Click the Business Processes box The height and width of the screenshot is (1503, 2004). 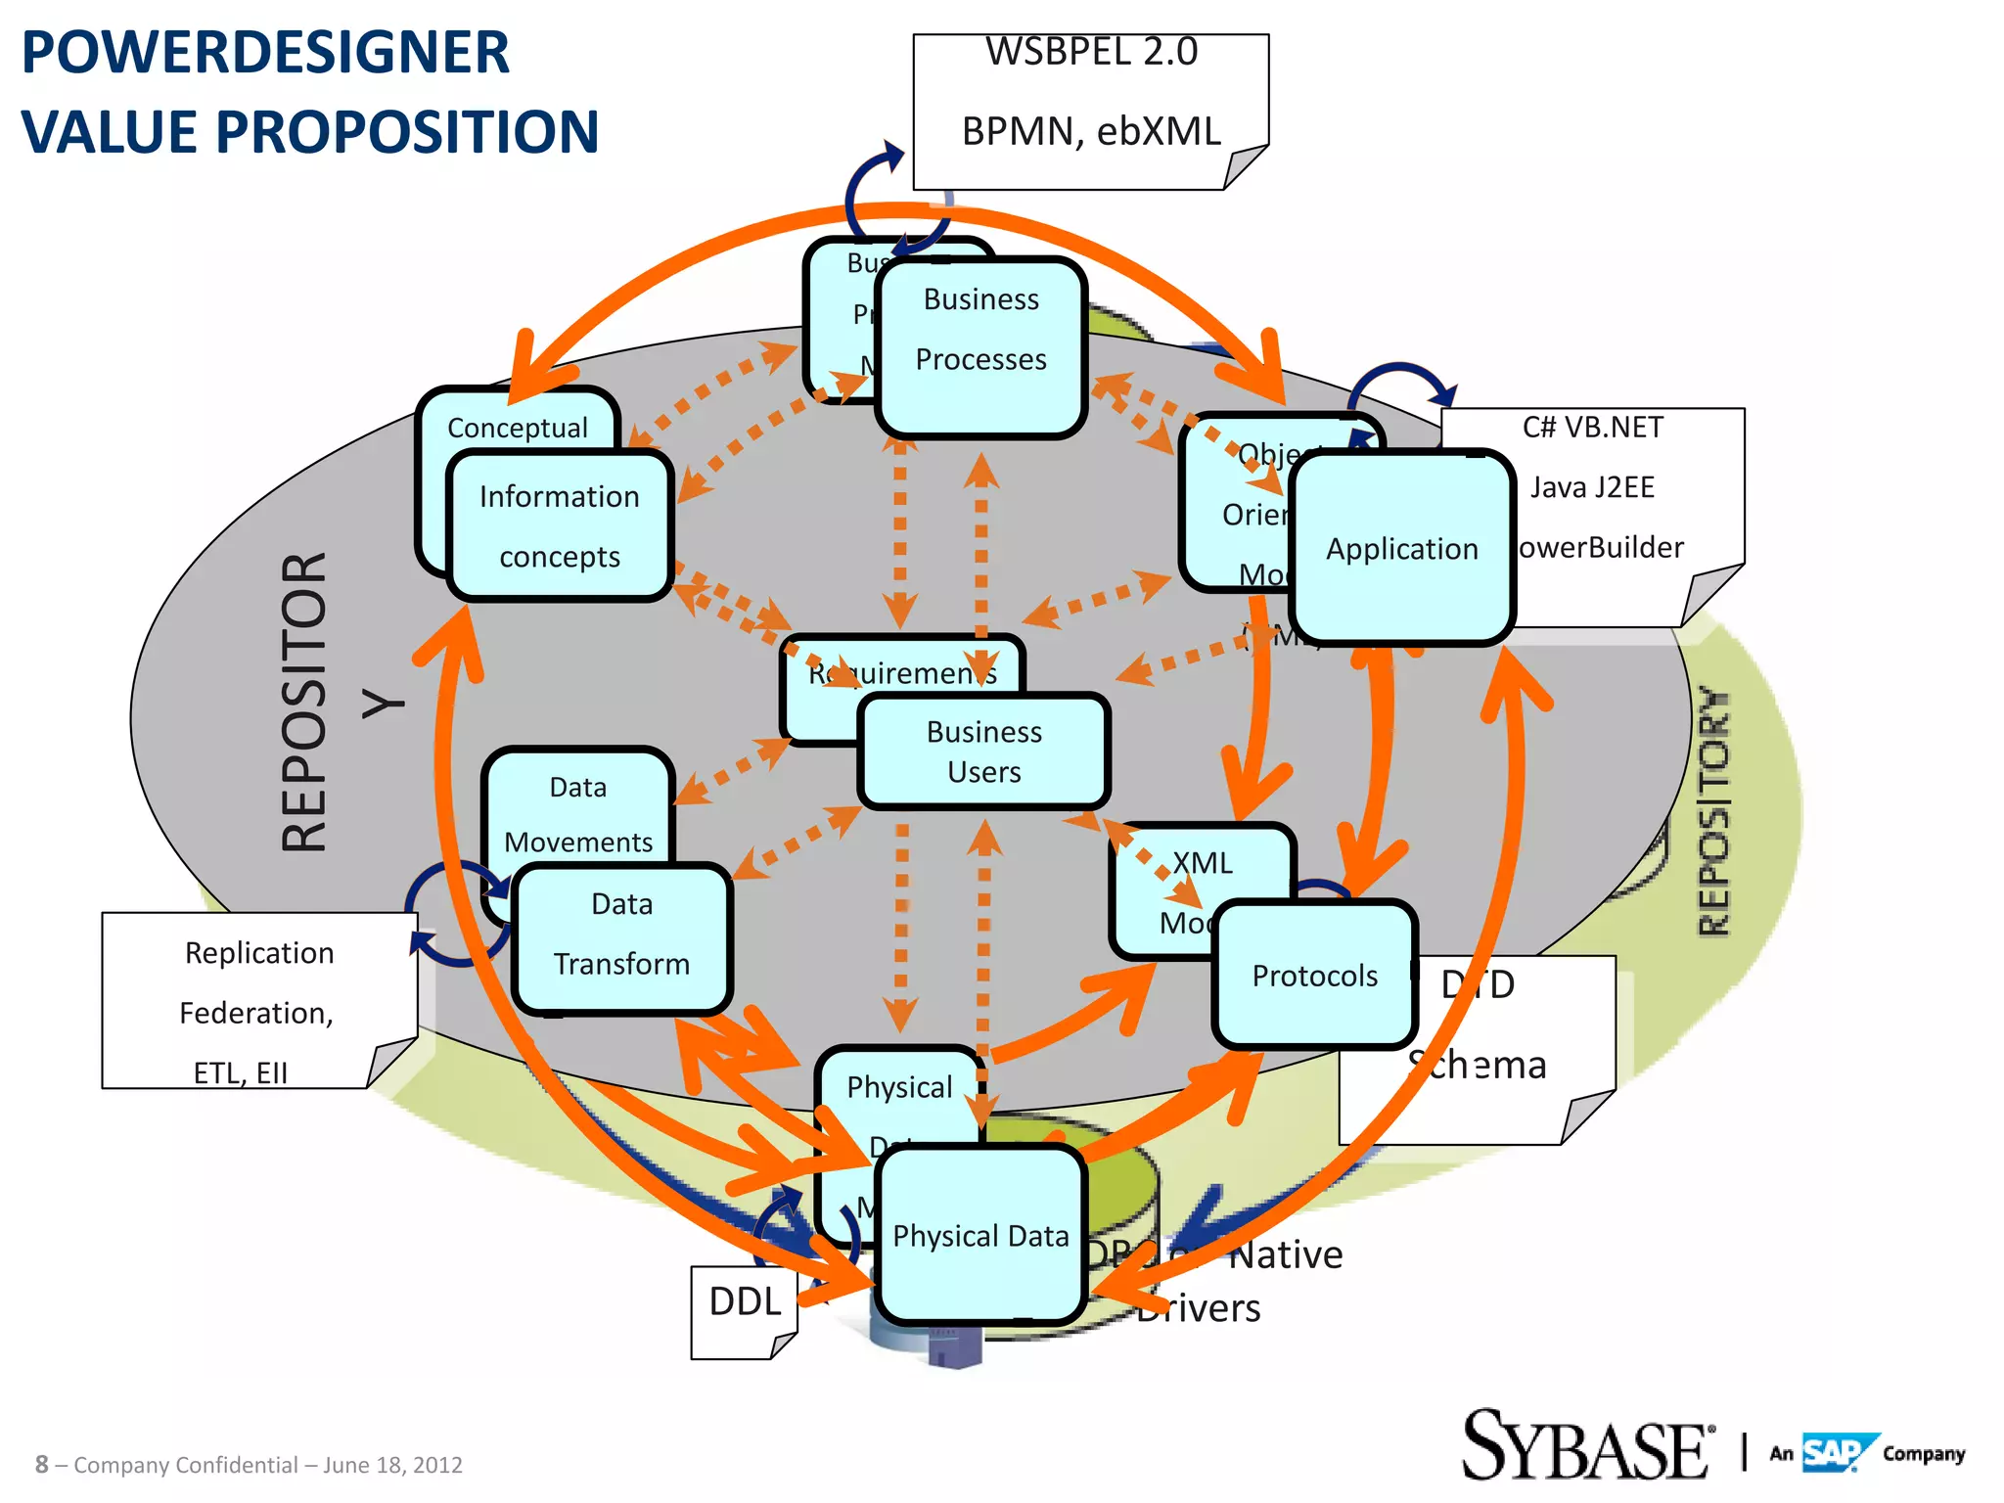pos(981,347)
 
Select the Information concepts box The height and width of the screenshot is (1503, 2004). pos(560,525)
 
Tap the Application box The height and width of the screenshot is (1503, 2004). pos(1401,548)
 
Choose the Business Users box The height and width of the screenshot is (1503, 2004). pos(983,751)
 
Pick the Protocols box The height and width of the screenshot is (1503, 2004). pos(1314,976)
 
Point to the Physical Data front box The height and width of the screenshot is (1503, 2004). pos(980,1236)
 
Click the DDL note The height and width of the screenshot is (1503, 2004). pos(745,1303)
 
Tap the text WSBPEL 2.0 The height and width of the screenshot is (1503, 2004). pos(1091,52)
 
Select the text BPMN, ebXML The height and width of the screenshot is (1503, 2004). pos(1091,131)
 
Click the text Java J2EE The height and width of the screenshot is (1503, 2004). pos(1592,487)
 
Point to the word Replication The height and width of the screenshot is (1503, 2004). pos(259,953)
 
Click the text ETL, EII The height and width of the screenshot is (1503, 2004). pos(241,1072)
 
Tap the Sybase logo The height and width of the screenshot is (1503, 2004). pos(1586,1446)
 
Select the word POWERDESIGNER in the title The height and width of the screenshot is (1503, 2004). pos(265,53)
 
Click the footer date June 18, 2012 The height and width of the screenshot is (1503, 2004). pos(392,1465)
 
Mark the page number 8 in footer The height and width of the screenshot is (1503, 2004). pos(41,1465)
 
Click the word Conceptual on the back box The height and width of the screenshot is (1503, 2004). pos(517,428)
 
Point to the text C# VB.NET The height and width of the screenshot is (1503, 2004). pos(1592,428)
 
